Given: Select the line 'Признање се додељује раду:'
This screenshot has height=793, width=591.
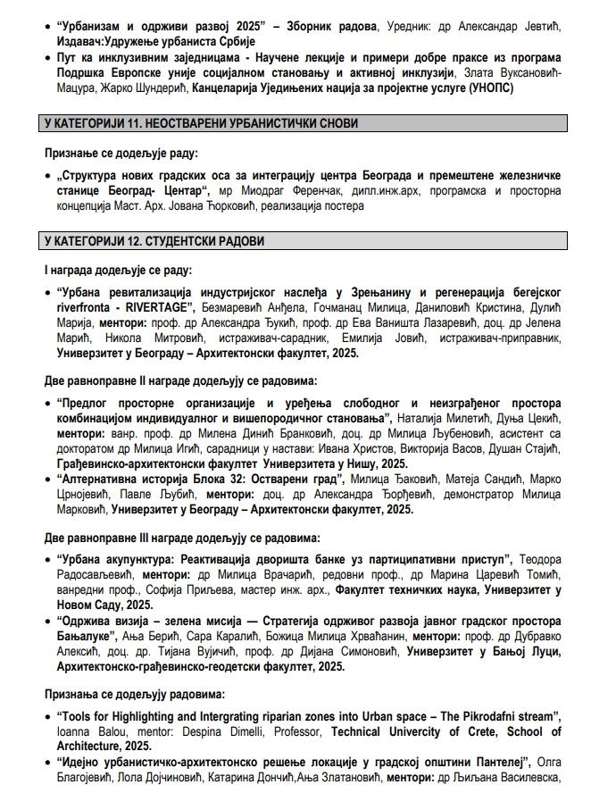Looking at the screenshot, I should pos(121,153).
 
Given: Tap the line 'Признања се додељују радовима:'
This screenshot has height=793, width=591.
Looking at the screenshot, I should pos(135,692).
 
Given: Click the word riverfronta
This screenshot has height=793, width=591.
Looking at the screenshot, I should pos(86,306).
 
